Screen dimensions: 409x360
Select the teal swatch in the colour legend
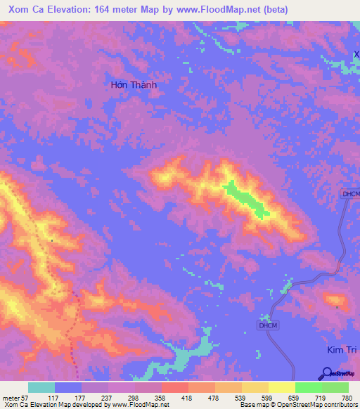[41, 387]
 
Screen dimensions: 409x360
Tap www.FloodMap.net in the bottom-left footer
[143, 405]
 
